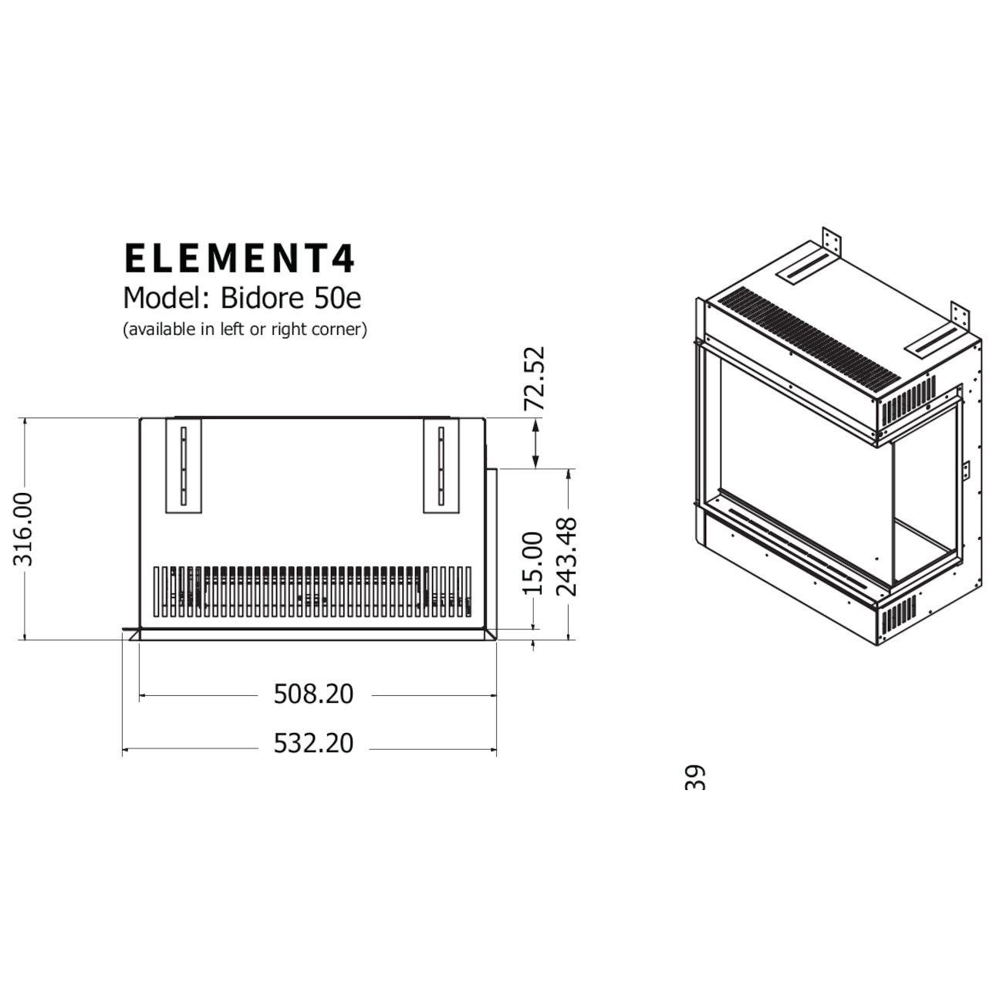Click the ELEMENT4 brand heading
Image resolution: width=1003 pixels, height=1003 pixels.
pos(239,259)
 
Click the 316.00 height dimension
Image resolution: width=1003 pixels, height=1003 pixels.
pos(25,529)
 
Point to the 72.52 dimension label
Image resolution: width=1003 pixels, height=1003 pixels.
pos(534,378)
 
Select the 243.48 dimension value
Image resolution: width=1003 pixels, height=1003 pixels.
pos(567,557)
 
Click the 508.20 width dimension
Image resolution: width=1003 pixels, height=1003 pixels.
pos(313,694)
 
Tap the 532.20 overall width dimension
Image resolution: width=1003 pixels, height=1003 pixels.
pos(313,744)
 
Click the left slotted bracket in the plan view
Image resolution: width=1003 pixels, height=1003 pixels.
pos(184,466)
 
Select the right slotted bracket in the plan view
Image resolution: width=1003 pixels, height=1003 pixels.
pos(441,466)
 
